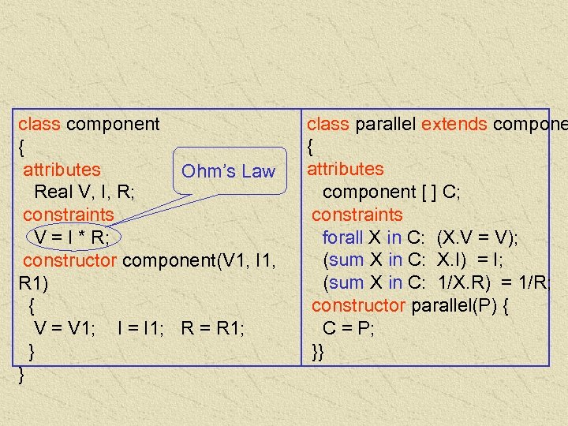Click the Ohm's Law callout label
228,171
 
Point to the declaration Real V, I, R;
84,192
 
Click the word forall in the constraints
342,237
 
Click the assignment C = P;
348,329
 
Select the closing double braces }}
317,351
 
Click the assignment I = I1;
140,328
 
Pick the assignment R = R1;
212,328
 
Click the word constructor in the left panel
71,260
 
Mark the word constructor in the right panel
358,306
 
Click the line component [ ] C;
391,192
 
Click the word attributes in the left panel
62,170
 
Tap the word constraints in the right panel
357,215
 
